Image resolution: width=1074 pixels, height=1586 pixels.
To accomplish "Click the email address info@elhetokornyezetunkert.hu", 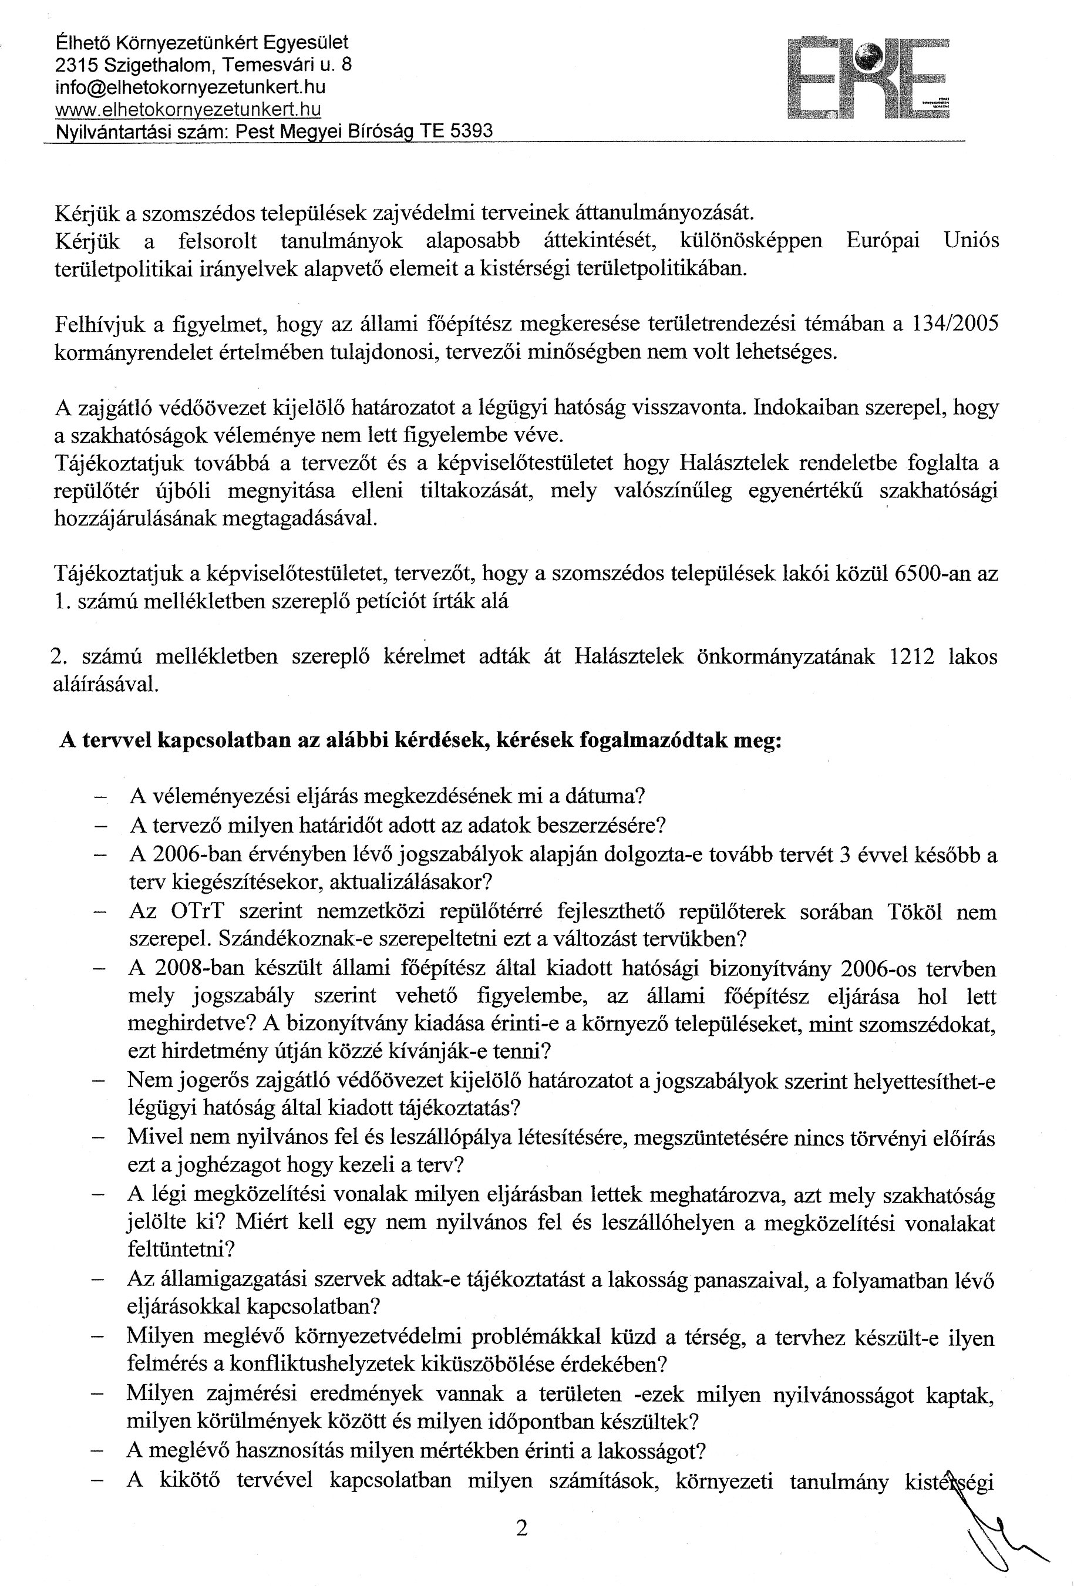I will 190,87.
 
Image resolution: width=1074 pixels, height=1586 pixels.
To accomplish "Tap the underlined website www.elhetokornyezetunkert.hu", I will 188,109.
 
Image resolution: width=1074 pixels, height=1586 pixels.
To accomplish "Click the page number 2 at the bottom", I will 522,1528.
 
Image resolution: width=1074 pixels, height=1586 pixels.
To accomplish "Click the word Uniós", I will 972,241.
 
